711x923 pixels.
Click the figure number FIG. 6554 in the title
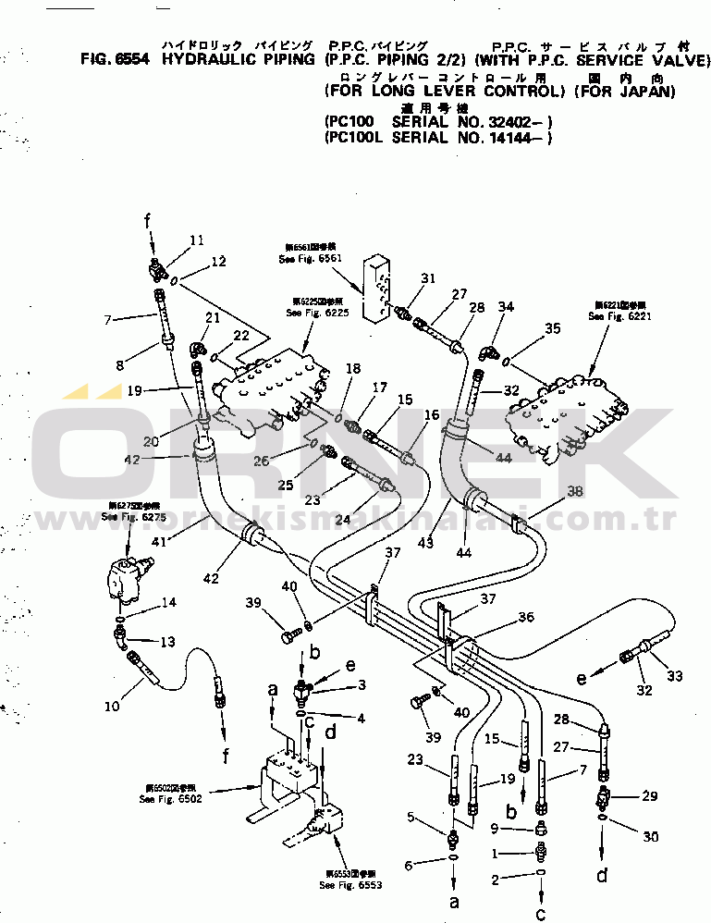116,61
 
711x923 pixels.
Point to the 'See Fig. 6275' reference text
122,516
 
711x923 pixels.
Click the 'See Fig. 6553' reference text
350,885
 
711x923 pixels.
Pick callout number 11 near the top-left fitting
196,240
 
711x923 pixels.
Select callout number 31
427,278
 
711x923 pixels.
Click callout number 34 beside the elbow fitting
506,307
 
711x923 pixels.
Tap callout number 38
575,492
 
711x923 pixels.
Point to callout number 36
525,617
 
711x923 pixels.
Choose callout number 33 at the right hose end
675,677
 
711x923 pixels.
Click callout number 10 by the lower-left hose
111,708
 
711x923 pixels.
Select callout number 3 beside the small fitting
362,685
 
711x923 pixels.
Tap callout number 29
651,795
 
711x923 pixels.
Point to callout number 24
343,520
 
